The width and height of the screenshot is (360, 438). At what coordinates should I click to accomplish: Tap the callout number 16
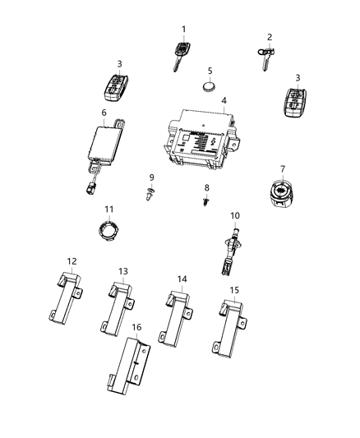tap(137, 327)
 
